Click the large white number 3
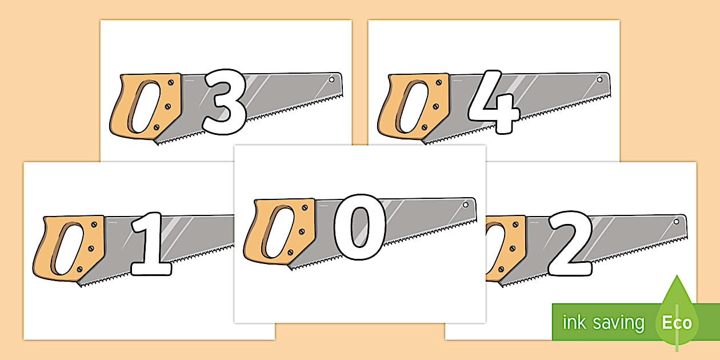click(225, 102)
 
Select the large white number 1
click(151, 245)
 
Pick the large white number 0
click(359, 227)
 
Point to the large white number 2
click(570, 243)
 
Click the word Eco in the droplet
click(677, 323)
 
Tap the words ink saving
click(603, 323)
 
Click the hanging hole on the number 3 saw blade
click(331, 79)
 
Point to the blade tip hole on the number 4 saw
click(599, 79)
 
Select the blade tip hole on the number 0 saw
click(465, 205)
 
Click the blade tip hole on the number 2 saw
click(677, 222)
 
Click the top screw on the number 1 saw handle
click(94, 225)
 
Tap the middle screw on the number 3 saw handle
click(167, 106)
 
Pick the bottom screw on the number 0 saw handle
click(290, 253)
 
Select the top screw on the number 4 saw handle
click(439, 83)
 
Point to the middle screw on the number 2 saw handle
click(513, 249)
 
